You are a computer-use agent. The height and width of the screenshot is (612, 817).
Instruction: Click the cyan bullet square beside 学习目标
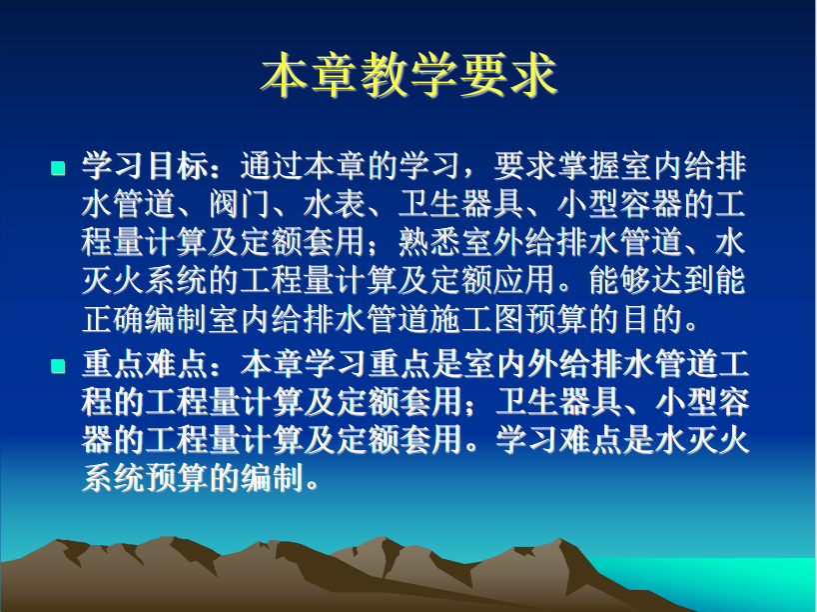(x=58, y=168)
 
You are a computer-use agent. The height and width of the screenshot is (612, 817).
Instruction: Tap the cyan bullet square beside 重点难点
(x=58, y=366)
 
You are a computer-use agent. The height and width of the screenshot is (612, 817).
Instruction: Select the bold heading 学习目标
(x=145, y=166)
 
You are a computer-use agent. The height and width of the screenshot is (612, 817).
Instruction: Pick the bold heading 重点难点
(x=145, y=364)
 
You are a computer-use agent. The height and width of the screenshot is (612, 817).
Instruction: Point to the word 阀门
(x=240, y=204)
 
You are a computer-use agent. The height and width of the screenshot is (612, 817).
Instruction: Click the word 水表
(x=335, y=204)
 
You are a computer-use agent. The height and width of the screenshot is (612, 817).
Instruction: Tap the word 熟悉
(x=429, y=242)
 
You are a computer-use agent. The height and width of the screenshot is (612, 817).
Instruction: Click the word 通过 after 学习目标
(x=271, y=166)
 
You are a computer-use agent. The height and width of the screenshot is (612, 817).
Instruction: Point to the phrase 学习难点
(x=558, y=440)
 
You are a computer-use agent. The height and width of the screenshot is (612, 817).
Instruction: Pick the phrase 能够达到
(x=652, y=280)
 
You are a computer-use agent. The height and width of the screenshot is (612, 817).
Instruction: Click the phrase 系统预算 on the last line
(x=145, y=477)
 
